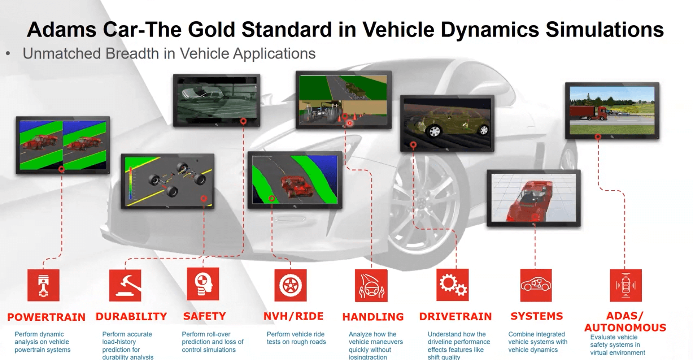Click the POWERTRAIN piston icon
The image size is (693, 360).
43,285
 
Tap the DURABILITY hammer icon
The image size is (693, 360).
125,285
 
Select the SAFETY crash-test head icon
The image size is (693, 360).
203,284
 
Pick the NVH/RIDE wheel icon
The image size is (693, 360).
291,285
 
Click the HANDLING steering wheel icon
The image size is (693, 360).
371,285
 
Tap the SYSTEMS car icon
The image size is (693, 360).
536,285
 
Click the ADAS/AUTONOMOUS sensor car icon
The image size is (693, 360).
626,285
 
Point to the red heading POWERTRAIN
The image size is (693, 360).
46,317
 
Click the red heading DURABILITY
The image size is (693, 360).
131,317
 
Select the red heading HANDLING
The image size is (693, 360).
373,317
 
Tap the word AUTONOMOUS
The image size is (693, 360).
625,328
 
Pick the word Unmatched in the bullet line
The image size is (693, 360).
62,53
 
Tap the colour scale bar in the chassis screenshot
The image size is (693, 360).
131,183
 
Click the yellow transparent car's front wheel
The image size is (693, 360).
435,130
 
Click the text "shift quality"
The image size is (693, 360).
444,357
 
